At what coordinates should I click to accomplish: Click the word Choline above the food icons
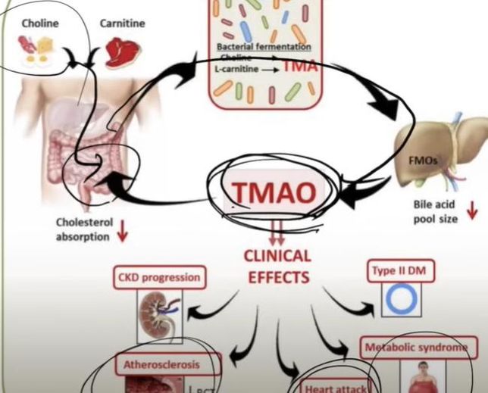tap(39, 23)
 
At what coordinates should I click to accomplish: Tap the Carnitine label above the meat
tap(122, 23)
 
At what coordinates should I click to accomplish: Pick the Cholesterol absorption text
tap(83, 229)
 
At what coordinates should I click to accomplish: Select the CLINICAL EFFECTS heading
tap(277, 267)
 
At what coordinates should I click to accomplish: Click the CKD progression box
tap(158, 276)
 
